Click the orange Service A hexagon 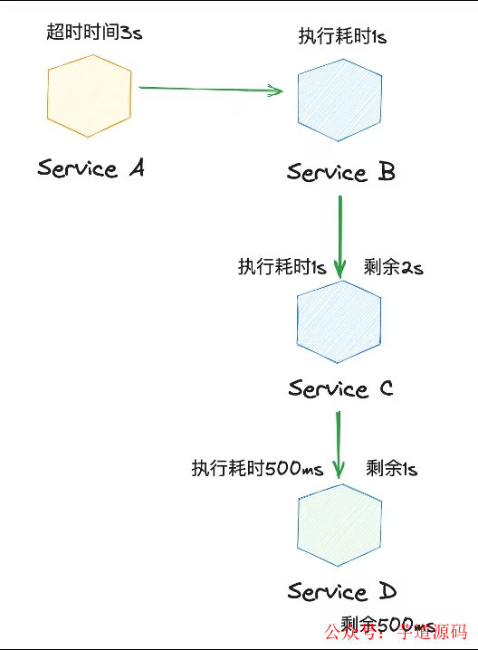88,95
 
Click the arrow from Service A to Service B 208,89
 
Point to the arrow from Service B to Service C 340,235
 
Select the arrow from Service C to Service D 339,444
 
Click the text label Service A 91,168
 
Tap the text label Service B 341,172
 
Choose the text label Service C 340,389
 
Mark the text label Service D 341,592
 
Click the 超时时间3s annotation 94,33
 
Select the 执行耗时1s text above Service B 343,36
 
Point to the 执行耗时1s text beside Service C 282,267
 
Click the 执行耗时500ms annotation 257,469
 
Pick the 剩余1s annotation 392,469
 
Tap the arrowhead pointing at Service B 276,90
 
